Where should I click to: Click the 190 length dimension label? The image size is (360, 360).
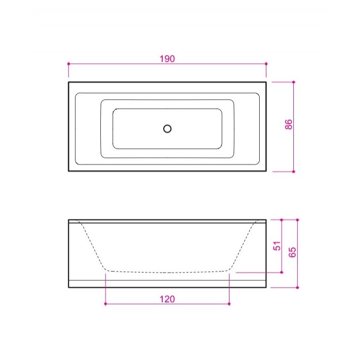coord(167,59)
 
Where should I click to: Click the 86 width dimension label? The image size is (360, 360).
coord(288,124)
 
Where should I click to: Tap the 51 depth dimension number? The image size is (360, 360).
coord(277,246)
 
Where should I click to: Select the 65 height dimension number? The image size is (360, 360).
coord(292,252)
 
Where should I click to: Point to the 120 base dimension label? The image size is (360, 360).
coord(167,299)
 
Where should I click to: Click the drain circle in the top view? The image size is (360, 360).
coord(168,129)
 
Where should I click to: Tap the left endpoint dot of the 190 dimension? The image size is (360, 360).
coord(69,63)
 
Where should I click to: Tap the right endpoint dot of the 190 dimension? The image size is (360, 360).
coord(266,63)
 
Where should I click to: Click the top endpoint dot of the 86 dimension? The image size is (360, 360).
coord(293,82)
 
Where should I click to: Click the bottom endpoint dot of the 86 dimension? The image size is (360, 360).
coord(293,171)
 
